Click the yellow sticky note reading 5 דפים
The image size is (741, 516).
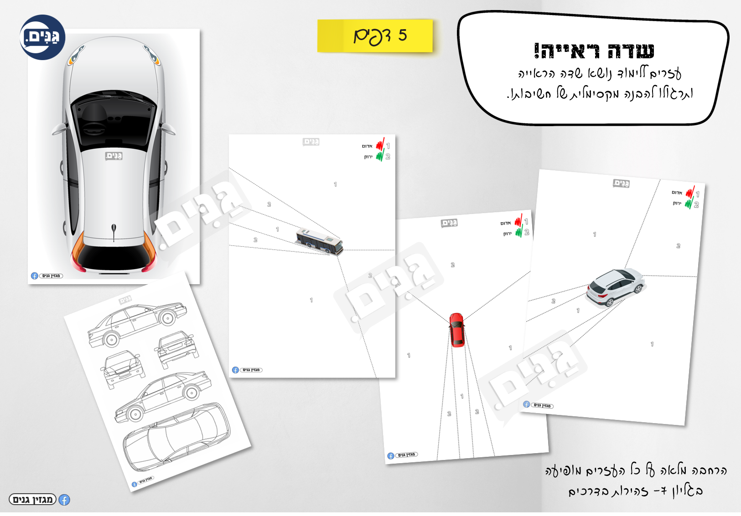[x=375, y=36]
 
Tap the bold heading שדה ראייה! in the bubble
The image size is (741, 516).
[x=594, y=51]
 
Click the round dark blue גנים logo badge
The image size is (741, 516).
[x=42, y=37]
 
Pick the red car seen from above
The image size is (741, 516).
[x=456, y=330]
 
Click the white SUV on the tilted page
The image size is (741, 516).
[x=614, y=287]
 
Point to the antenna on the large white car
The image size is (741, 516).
[x=114, y=230]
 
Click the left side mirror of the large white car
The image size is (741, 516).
[x=59, y=129]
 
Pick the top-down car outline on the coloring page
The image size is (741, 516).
[x=177, y=437]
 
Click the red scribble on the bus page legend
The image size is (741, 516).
[x=380, y=145]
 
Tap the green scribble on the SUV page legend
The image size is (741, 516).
[x=689, y=203]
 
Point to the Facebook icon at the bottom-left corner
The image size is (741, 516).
[x=64, y=500]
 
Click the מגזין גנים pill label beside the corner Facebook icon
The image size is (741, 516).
[x=33, y=500]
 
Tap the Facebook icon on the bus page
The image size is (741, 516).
[x=235, y=370]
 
